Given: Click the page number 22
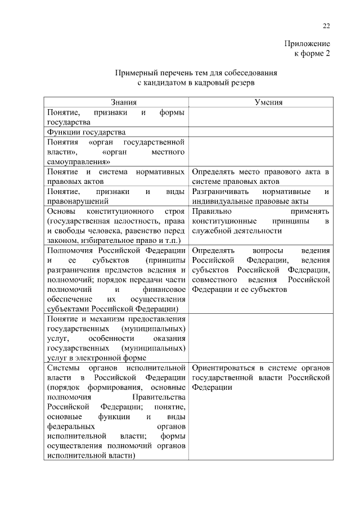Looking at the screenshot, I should [326, 26].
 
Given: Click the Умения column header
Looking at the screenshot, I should [260, 102].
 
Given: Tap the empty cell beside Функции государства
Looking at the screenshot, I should [260, 132].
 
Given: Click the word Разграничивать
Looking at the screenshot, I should [219, 191].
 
